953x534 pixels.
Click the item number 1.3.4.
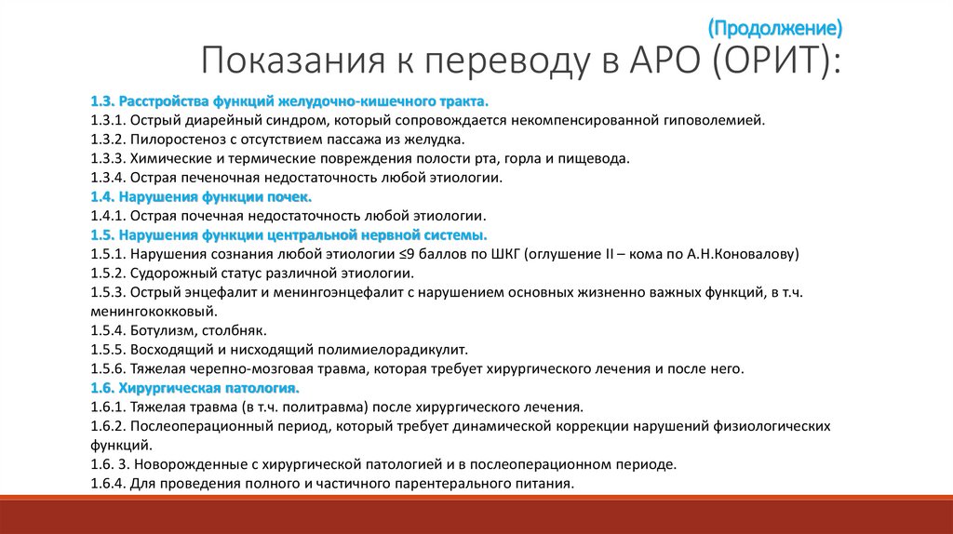coord(108,177)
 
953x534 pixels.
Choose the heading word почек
coord(289,196)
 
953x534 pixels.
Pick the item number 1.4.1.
coord(108,215)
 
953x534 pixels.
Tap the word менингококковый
coord(154,311)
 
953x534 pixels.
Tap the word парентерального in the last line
coord(447,484)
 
